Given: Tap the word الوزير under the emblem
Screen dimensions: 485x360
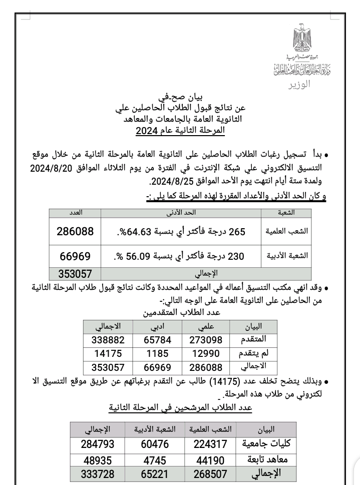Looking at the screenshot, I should pyautogui.click(x=299, y=84).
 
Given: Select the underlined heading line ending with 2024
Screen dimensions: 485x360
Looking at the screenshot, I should pyautogui.click(x=180, y=132).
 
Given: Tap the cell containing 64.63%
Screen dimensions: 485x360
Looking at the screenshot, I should pyautogui.click(x=181, y=232).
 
